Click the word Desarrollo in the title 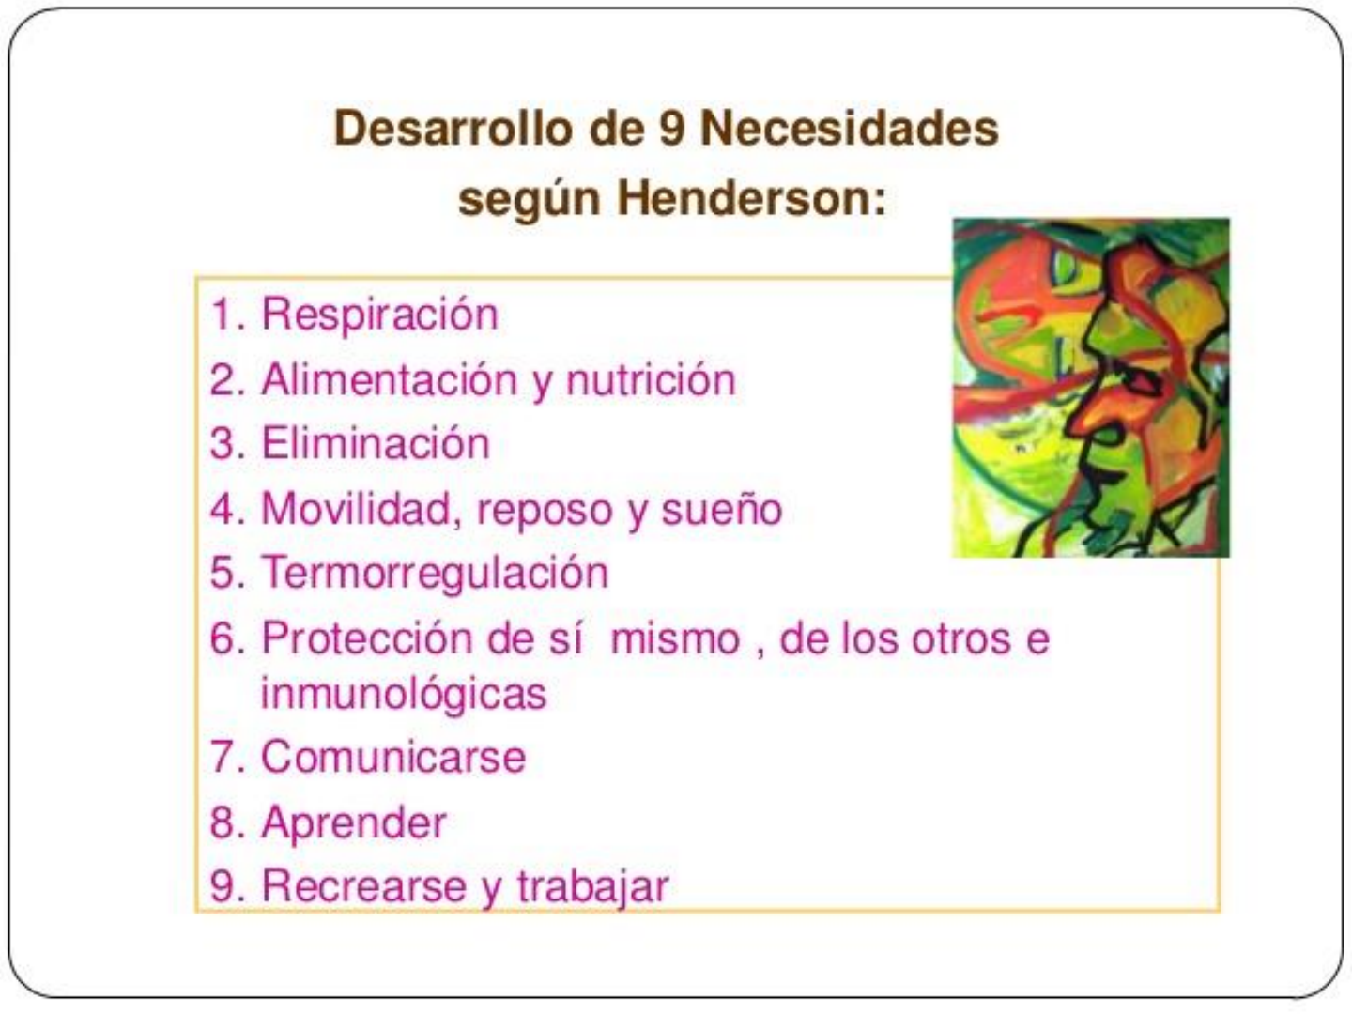pyautogui.click(x=453, y=128)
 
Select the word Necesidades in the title pyautogui.click(x=850, y=128)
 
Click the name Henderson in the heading pyautogui.click(x=751, y=199)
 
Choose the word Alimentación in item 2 pyautogui.click(x=390, y=379)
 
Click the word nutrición pyautogui.click(x=651, y=379)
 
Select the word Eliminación pyautogui.click(x=376, y=443)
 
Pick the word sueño pyautogui.click(x=721, y=510)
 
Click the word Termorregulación pyautogui.click(x=435, y=573)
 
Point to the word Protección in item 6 pyautogui.click(x=367, y=638)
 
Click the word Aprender pyautogui.click(x=354, y=822)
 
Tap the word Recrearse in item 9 pyautogui.click(x=364, y=886)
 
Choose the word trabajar pyautogui.click(x=592, y=886)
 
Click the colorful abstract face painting pyautogui.click(x=1091, y=388)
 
